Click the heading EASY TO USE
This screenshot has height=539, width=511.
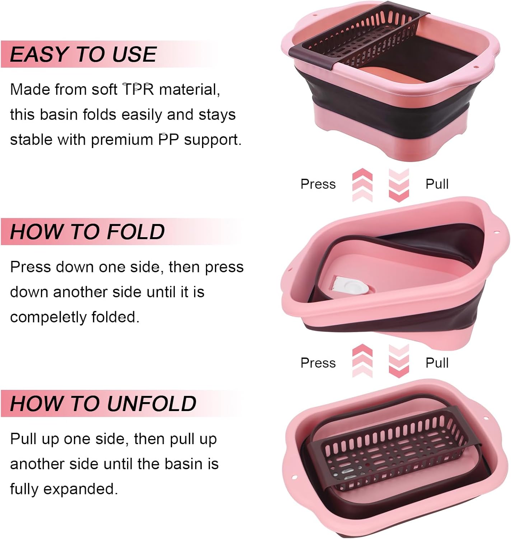coord(83,54)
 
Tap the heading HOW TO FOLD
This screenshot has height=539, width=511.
coord(87,232)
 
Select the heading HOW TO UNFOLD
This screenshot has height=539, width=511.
coord(103,404)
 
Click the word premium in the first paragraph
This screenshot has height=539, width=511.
coord(122,140)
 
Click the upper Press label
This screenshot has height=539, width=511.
coord(318,184)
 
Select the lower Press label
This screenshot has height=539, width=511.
coord(318,363)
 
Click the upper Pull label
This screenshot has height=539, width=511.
coord(437,184)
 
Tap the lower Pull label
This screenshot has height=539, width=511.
coord(437,363)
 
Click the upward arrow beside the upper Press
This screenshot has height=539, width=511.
coord(362,185)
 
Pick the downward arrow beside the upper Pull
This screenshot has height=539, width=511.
coord(399,185)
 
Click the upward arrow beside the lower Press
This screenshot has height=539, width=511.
coord(362,361)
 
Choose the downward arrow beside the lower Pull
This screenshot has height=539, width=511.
coord(399,361)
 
